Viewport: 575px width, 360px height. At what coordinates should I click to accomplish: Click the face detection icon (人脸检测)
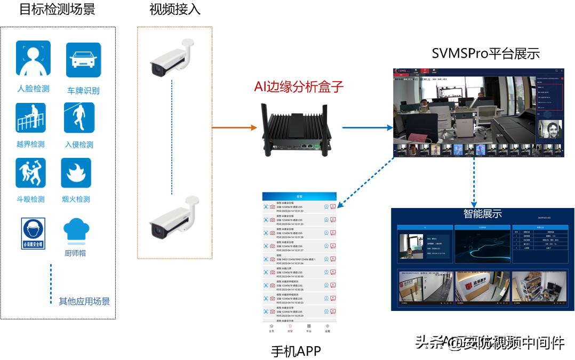point(33,59)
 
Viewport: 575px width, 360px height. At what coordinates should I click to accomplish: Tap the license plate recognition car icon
point(83,60)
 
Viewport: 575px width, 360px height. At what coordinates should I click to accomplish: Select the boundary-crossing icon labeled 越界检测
point(31,117)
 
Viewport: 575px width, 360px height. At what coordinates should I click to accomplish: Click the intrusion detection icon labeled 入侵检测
point(79,117)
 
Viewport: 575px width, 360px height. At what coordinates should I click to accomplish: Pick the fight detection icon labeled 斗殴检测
point(31,173)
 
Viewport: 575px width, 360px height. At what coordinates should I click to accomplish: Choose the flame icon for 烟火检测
point(76,173)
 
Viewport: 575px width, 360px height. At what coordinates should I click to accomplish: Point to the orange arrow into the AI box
point(234,128)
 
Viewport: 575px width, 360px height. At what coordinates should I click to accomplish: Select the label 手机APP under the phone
point(296,351)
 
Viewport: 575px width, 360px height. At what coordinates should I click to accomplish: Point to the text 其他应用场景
point(84,301)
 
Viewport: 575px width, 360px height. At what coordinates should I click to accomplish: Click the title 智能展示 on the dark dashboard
point(482,214)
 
